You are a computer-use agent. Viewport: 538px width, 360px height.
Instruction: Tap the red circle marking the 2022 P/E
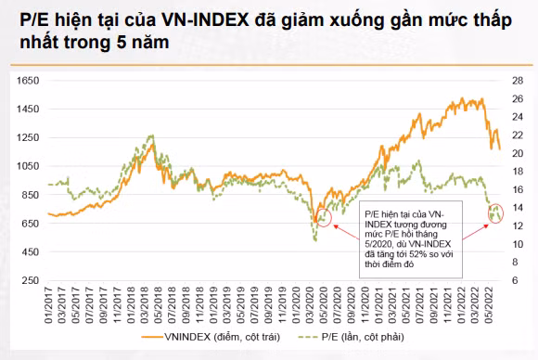496,213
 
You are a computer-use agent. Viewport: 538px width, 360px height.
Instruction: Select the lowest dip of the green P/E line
314,239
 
